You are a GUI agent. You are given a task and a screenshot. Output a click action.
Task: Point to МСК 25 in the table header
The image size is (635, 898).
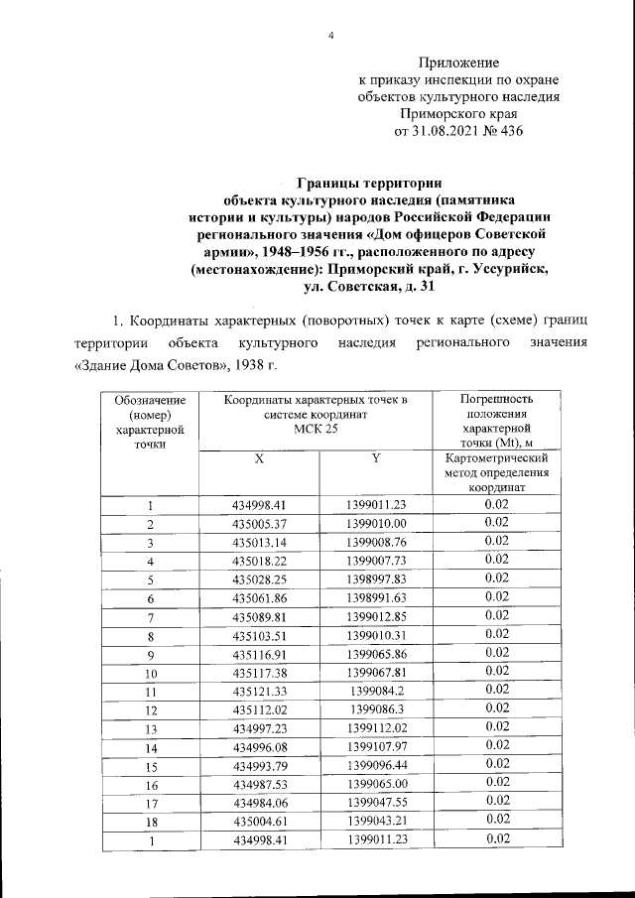click(315, 429)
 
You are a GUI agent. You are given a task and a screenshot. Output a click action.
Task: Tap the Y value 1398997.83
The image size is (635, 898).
click(376, 578)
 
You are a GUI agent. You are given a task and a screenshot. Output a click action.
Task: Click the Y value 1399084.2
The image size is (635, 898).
click(376, 691)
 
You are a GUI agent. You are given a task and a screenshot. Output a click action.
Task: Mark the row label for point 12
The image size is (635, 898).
click(150, 710)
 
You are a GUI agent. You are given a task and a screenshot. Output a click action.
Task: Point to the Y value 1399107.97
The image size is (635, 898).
click(376, 746)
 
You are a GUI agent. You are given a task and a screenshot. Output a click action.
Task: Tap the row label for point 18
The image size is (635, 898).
click(150, 821)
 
